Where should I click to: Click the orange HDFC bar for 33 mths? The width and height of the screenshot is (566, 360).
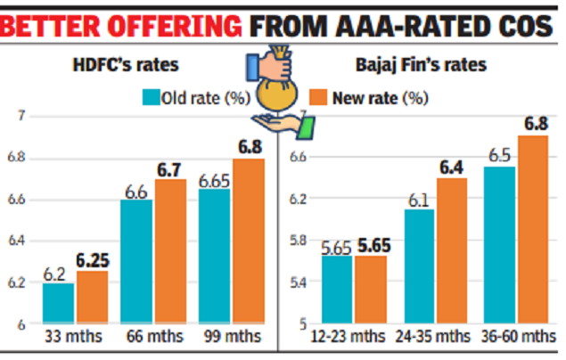(92, 297)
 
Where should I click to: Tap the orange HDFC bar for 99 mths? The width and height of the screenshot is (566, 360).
(248, 241)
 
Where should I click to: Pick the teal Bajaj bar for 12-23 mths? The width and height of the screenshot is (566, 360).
(338, 290)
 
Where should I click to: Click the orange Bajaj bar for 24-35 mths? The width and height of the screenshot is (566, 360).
(452, 250)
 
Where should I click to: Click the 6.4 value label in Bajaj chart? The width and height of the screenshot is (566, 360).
(452, 168)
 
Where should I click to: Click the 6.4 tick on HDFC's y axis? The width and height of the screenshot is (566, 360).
(17, 241)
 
